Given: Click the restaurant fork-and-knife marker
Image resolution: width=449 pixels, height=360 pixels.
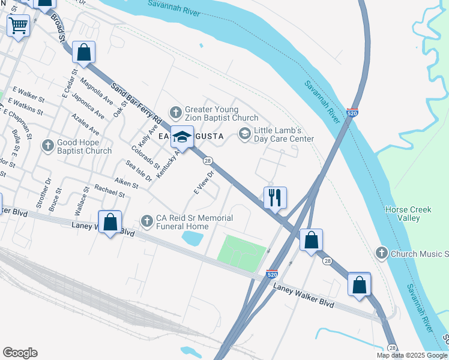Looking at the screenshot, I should [275, 197].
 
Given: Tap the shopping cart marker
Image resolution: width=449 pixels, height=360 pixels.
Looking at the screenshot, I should [18, 26].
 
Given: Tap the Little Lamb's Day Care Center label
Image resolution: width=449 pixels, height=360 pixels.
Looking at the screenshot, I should [283, 134].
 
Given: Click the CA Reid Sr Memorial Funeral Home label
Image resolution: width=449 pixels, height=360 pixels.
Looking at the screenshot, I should [186, 222].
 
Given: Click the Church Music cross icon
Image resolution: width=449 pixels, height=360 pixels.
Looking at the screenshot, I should [382, 253].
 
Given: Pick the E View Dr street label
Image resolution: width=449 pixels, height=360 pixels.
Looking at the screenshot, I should [204, 184].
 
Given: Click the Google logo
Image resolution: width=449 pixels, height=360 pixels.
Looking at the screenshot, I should [20, 353].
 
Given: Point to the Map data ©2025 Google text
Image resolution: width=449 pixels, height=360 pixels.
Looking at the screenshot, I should [412, 355].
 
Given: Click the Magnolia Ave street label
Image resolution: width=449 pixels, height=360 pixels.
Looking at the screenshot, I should [96, 91].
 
